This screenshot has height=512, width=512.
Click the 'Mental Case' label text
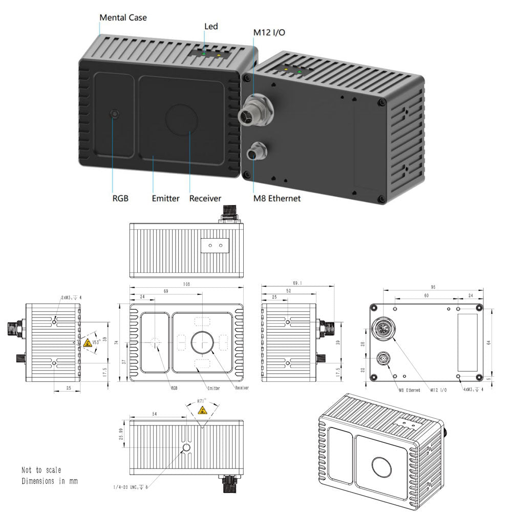tap(123, 18)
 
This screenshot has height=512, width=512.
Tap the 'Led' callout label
tap(211, 27)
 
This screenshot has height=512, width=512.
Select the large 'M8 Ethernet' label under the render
tap(277, 198)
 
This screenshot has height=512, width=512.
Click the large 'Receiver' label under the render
tap(205, 198)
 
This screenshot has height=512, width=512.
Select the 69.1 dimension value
tap(297, 283)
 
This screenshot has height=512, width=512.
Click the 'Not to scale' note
tap(41, 470)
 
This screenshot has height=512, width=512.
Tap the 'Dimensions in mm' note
tap(50, 481)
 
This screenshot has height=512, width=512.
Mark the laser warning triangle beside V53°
tap(89, 343)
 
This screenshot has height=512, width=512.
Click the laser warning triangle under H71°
tap(202, 410)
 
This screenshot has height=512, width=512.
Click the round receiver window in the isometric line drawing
tap(382, 467)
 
